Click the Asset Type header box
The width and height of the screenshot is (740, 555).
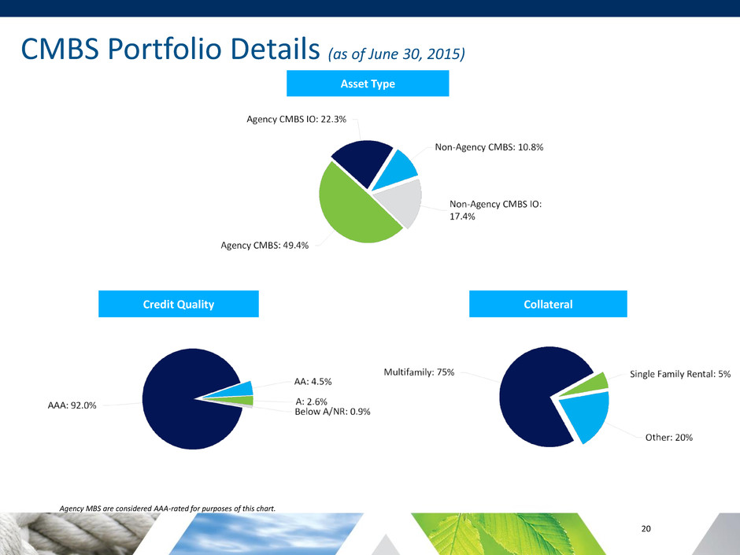tap(367, 83)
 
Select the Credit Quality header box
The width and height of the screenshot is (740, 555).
tap(178, 305)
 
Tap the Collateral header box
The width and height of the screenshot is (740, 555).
tap(548, 305)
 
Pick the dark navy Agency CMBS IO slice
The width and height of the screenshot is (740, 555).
tap(362, 159)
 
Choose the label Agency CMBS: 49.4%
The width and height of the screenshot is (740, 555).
tap(265, 246)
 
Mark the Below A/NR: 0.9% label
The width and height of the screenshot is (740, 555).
tap(332, 411)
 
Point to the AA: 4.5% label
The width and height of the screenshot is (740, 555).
tap(313, 382)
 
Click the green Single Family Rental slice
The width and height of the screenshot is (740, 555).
tap(600, 382)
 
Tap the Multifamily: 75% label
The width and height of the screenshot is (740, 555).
tap(419, 372)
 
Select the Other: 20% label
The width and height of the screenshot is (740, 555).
tap(668, 437)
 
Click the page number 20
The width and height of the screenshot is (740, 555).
tap(646, 528)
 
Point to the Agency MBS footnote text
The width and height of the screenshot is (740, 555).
tap(168, 509)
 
